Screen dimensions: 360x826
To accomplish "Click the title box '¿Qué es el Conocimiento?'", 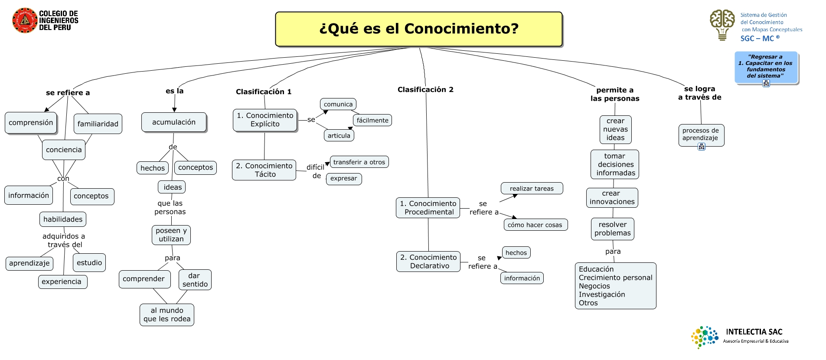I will pyautogui.click(x=418, y=29).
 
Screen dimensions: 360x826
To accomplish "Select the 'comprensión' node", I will pyautogui.click(x=31, y=123).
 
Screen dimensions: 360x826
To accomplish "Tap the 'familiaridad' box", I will pyautogui.click(x=98, y=124).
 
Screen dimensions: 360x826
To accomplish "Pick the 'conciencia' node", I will pyautogui.click(x=64, y=150).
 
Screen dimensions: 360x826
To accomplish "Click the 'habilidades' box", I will pyautogui.click(x=63, y=219).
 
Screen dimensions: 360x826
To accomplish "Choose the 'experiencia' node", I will pyautogui.click(x=62, y=282).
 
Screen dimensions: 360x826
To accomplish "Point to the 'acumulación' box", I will pyautogui.click(x=174, y=122).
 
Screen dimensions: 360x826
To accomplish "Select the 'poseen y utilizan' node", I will pyautogui.click(x=171, y=235).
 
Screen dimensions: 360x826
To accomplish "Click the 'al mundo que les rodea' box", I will pyautogui.click(x=167, y=315).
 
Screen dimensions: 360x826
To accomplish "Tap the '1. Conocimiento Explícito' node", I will pyautogui.click(x=265, y=120).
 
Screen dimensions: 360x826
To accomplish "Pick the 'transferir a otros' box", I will pyautogui.click(x=359, y=162).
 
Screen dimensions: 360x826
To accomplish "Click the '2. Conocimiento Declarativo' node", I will pyautogui.click(x=428, y=262).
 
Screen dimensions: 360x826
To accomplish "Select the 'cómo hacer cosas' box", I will pyautogui.click(x=535, y=225).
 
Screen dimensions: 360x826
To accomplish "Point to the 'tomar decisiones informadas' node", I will pyautogui.click(x=615, y=164).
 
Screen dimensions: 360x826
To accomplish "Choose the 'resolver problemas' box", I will pyautogui.click(x=613, y=229).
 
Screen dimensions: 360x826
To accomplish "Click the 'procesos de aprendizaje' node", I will pyautogui.click(x=701, y=134).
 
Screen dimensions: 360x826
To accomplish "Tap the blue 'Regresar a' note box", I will pyautogui.click(x=766, y=67).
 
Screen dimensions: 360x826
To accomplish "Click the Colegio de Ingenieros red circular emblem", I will pyautogui.click(x=24, y=20).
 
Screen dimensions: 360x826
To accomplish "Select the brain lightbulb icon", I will pyautogui.click(x=722, y=25).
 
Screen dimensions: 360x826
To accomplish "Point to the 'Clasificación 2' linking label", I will pyautogui.click(x=425, y=90).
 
